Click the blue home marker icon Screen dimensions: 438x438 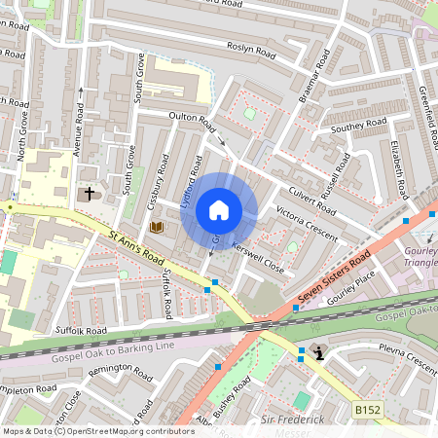(219, 210)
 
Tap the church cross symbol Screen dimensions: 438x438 (90, 194)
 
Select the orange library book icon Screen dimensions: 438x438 (156, 227)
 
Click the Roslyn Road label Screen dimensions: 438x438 (252, 47)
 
